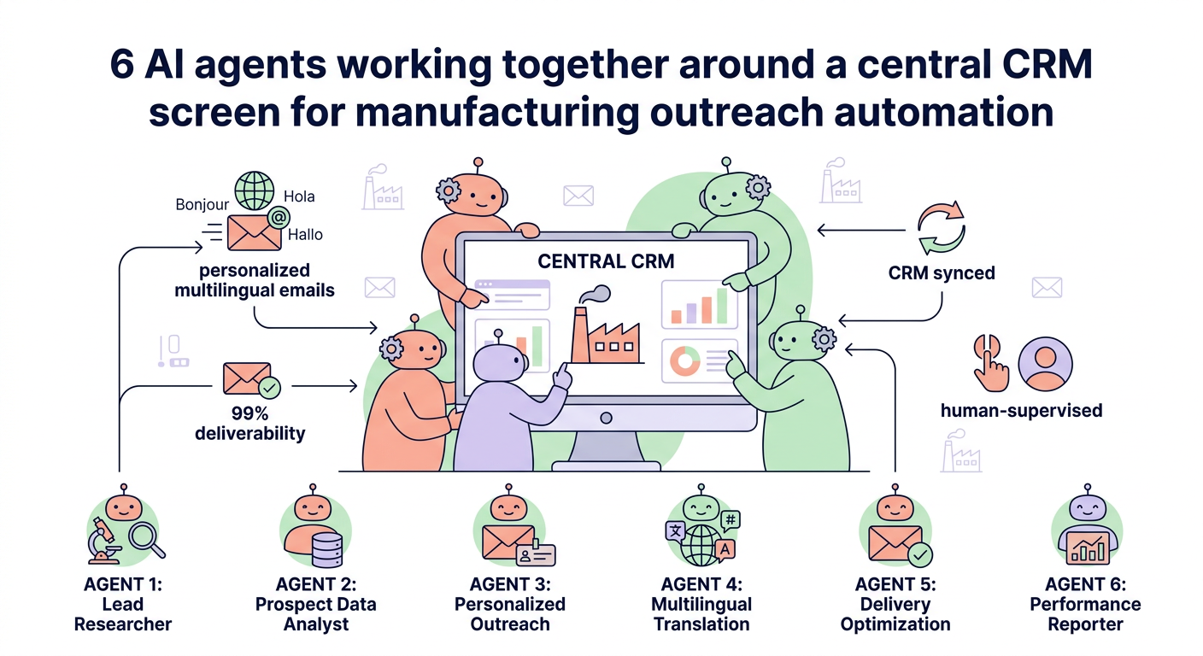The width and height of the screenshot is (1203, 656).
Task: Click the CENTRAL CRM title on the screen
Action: [x=606, y=261]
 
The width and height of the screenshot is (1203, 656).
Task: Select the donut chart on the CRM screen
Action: [x=684, y=361]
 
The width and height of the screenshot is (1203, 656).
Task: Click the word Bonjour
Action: [x=202, y=204]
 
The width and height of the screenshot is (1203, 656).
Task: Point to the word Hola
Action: [x=298, y=196]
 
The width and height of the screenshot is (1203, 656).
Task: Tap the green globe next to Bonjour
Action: [x=255, y=190]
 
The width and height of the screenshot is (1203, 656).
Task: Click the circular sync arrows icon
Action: [x=940, y=229]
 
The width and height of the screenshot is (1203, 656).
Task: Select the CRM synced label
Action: [x=941, y=273]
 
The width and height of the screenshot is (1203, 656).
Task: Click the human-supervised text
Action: [x=1021, y=410]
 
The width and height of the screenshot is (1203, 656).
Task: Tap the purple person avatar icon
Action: [x=1045, y=363]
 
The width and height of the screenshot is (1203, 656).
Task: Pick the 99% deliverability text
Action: [x=249, y=424]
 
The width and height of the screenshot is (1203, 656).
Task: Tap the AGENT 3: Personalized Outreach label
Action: [x=509, y=604]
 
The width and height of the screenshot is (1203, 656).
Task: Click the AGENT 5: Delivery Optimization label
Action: [x=895, y=604]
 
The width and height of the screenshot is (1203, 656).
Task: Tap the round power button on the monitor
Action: [x=606, y=419]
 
